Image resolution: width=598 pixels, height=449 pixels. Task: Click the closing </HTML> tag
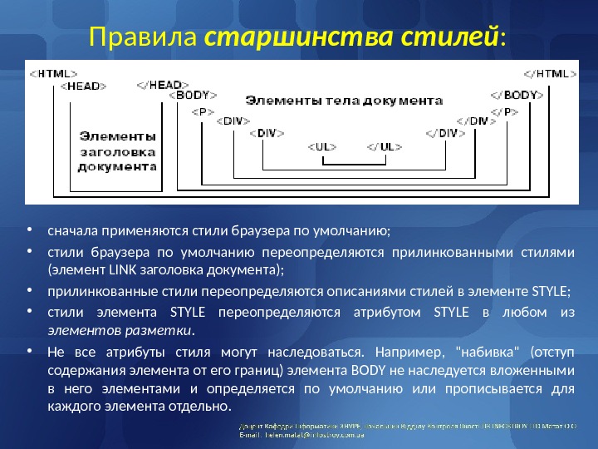[549, 73]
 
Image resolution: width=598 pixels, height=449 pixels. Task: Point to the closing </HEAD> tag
[159, 85]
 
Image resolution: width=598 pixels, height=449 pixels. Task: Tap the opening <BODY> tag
[196, 96]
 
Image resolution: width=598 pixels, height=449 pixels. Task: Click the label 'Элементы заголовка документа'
[117, 150]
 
